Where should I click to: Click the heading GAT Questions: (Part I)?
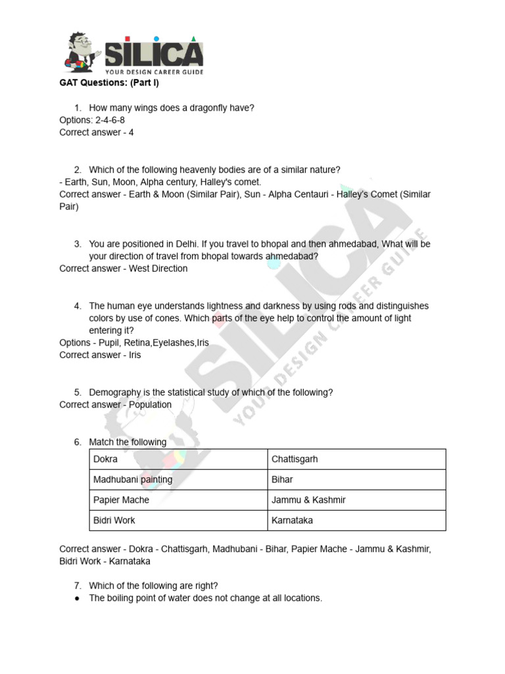click(x=109, y=84)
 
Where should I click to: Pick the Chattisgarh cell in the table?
click(x=295, y=459)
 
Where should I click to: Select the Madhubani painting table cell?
click(x=133, y=479)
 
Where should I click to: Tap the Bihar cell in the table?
click(x=282, y=479)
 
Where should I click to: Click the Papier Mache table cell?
click(x=122, y=500)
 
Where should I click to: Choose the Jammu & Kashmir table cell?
click(x=308, y=500)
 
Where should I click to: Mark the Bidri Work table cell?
click(x=114, y=520)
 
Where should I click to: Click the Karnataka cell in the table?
click(x=293, y=520)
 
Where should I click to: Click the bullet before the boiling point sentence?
click(x=77, y=598)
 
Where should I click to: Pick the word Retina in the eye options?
click(x=136, y=343)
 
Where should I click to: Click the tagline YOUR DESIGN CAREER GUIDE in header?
click(x=155, y=71)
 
